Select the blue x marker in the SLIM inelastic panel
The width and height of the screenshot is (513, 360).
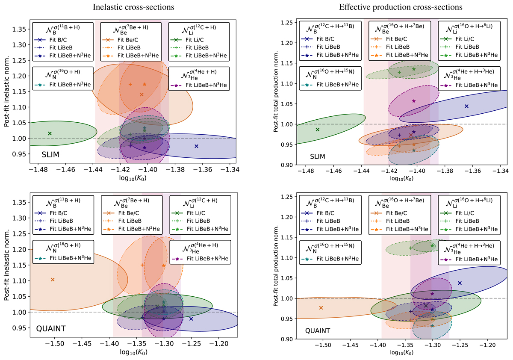196,146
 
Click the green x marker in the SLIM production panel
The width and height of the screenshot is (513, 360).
317,130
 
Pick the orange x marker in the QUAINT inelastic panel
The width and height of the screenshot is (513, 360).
53,280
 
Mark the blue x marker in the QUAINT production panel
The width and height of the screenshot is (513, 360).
460,283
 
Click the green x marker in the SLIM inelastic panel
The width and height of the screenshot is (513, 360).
50,133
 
